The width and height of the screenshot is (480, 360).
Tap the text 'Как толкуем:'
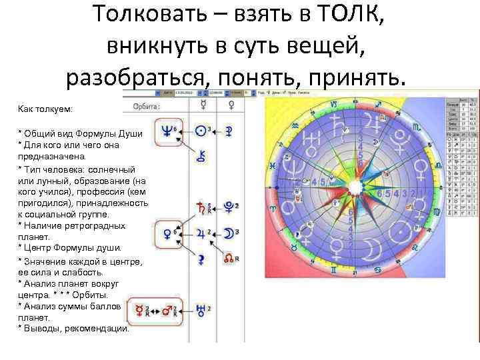(x=45, y=108)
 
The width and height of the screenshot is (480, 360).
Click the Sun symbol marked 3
(x=201, y=130)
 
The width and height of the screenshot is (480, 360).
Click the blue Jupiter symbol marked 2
(x=200, y=234)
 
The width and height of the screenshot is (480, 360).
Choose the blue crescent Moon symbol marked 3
(x=229, y=234)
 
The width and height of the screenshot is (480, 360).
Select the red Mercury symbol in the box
(x=140, y=311)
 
